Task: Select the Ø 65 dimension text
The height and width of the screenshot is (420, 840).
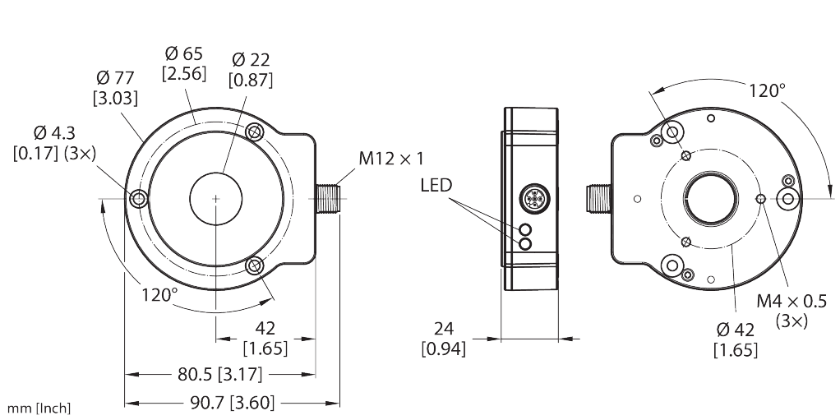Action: pyautogui.click(x=183, y=53)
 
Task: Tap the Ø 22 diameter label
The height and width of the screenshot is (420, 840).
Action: pyautogui.click(x=251, y=60)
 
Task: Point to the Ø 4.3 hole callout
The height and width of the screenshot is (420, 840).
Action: pyautogui.click(x=53, y=132)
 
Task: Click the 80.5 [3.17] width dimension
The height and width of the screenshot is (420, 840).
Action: pyautogui.click(x=219, y=376)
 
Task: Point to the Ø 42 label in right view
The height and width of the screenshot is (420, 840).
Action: pyautogui.click(x=735, y=330)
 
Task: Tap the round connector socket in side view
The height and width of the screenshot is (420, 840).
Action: pyautogui.click(x=528, y=199)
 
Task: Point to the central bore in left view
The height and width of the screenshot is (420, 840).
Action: pyautogui.click(x=216, y=198)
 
